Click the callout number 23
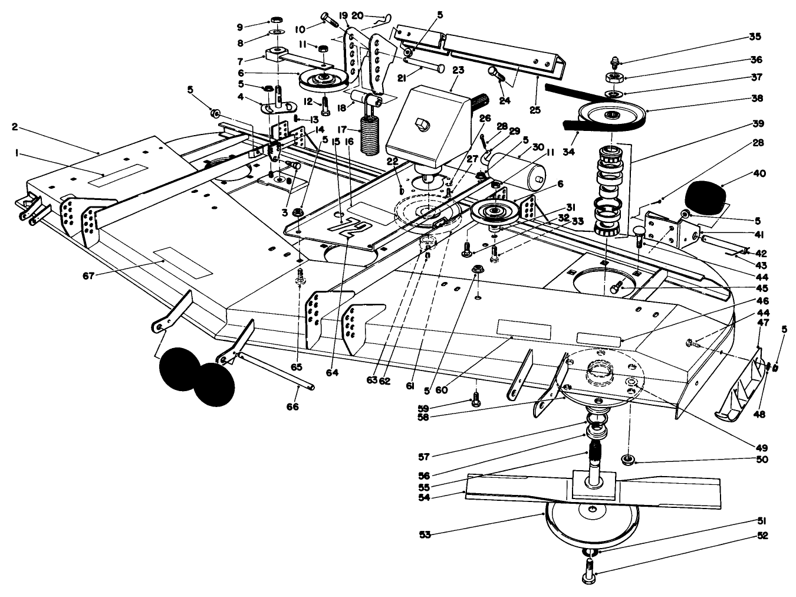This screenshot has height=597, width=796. click(x=459, y=70)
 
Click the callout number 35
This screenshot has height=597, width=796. click(x=755, y=37)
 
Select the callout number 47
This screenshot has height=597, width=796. click(x=762, y=323)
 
